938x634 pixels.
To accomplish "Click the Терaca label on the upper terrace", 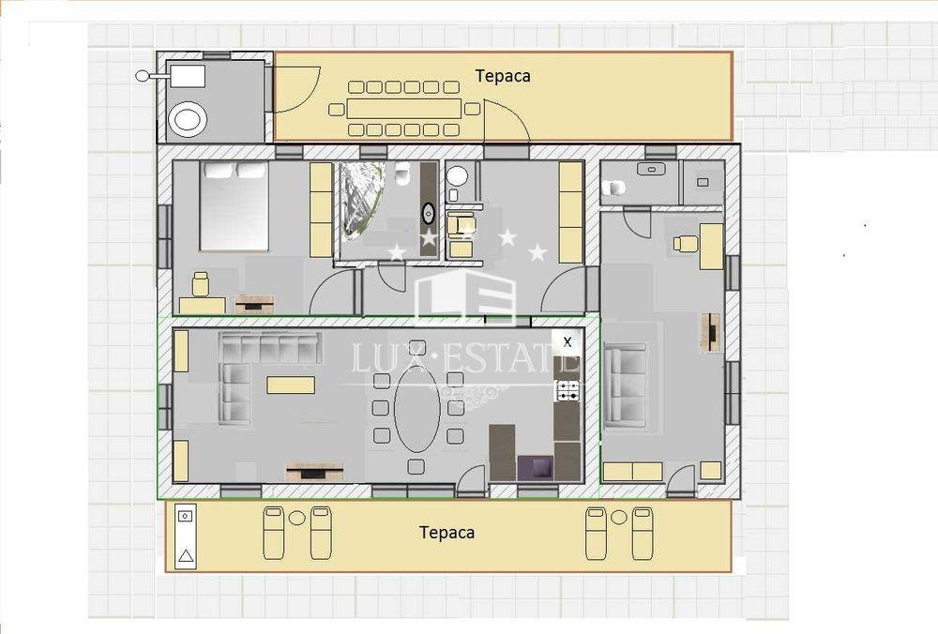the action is coord(503,76).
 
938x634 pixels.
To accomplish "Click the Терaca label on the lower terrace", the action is coord(446,533).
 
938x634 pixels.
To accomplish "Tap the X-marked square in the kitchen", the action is coord(567,342).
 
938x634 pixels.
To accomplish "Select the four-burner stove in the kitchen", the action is coord(567,390).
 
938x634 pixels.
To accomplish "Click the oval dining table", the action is coord(417,408).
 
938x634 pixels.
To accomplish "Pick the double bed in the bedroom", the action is coord(234,205).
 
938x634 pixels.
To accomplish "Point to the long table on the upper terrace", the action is coord(403,109).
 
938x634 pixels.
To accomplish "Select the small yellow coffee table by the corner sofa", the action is coord(291,385).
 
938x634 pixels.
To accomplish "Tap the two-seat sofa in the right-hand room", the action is coord(626,386).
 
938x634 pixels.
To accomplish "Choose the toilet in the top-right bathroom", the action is coord(613,189).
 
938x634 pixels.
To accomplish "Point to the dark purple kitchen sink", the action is coord(536,468).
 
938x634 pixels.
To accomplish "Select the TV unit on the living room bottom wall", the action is coord(314,473).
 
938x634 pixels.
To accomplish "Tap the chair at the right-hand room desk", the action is coord(686,243).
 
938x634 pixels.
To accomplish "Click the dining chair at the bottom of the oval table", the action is coord(416,465).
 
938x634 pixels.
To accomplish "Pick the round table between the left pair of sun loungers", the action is coord(296,518).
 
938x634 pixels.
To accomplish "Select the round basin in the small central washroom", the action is coord(458,175).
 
